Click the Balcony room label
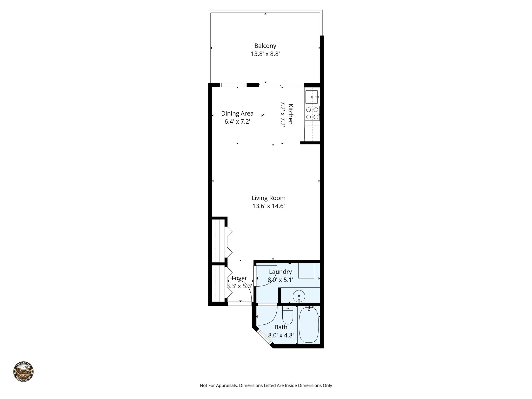click(265, 46)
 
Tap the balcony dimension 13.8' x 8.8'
click(265, 54)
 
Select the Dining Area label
click(237, 114)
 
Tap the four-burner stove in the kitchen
click(312, 113)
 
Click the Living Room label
click(268, 198)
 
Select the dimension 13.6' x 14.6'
click(268, 206)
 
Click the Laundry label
click(280, 272)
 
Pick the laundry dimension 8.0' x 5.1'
click(280, 280)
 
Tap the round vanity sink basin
click(299, 296)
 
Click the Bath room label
click(281, 327)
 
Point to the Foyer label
click(239, 278)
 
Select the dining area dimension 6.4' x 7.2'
click(237, 122)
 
